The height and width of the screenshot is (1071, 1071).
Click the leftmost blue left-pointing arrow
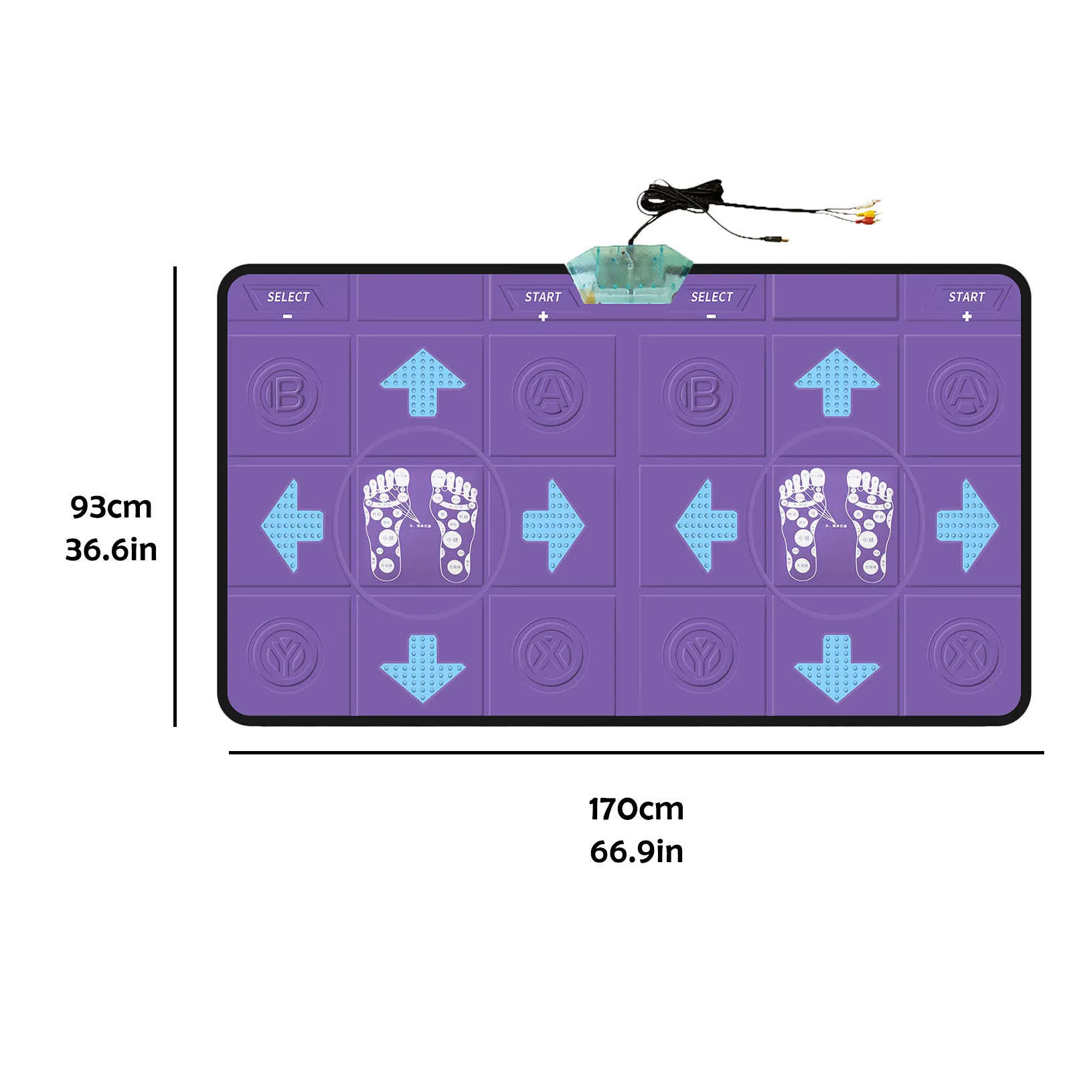(x=293, y=525)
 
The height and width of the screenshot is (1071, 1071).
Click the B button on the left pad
(x=286, y=395)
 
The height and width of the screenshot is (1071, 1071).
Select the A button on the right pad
(x=965, y=395)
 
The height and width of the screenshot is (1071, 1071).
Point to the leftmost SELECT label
(x=288, y=297)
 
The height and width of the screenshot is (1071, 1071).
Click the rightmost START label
(x=966, y=297)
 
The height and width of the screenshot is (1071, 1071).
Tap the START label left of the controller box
(x=542, y=297)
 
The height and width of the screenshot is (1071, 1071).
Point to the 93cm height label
(x=111, y=507)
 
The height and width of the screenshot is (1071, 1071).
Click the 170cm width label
(x=636, y=809)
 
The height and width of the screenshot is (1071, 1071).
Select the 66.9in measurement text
(x=636, y=852)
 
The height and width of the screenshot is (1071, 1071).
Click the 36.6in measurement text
(x=111, y=550)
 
